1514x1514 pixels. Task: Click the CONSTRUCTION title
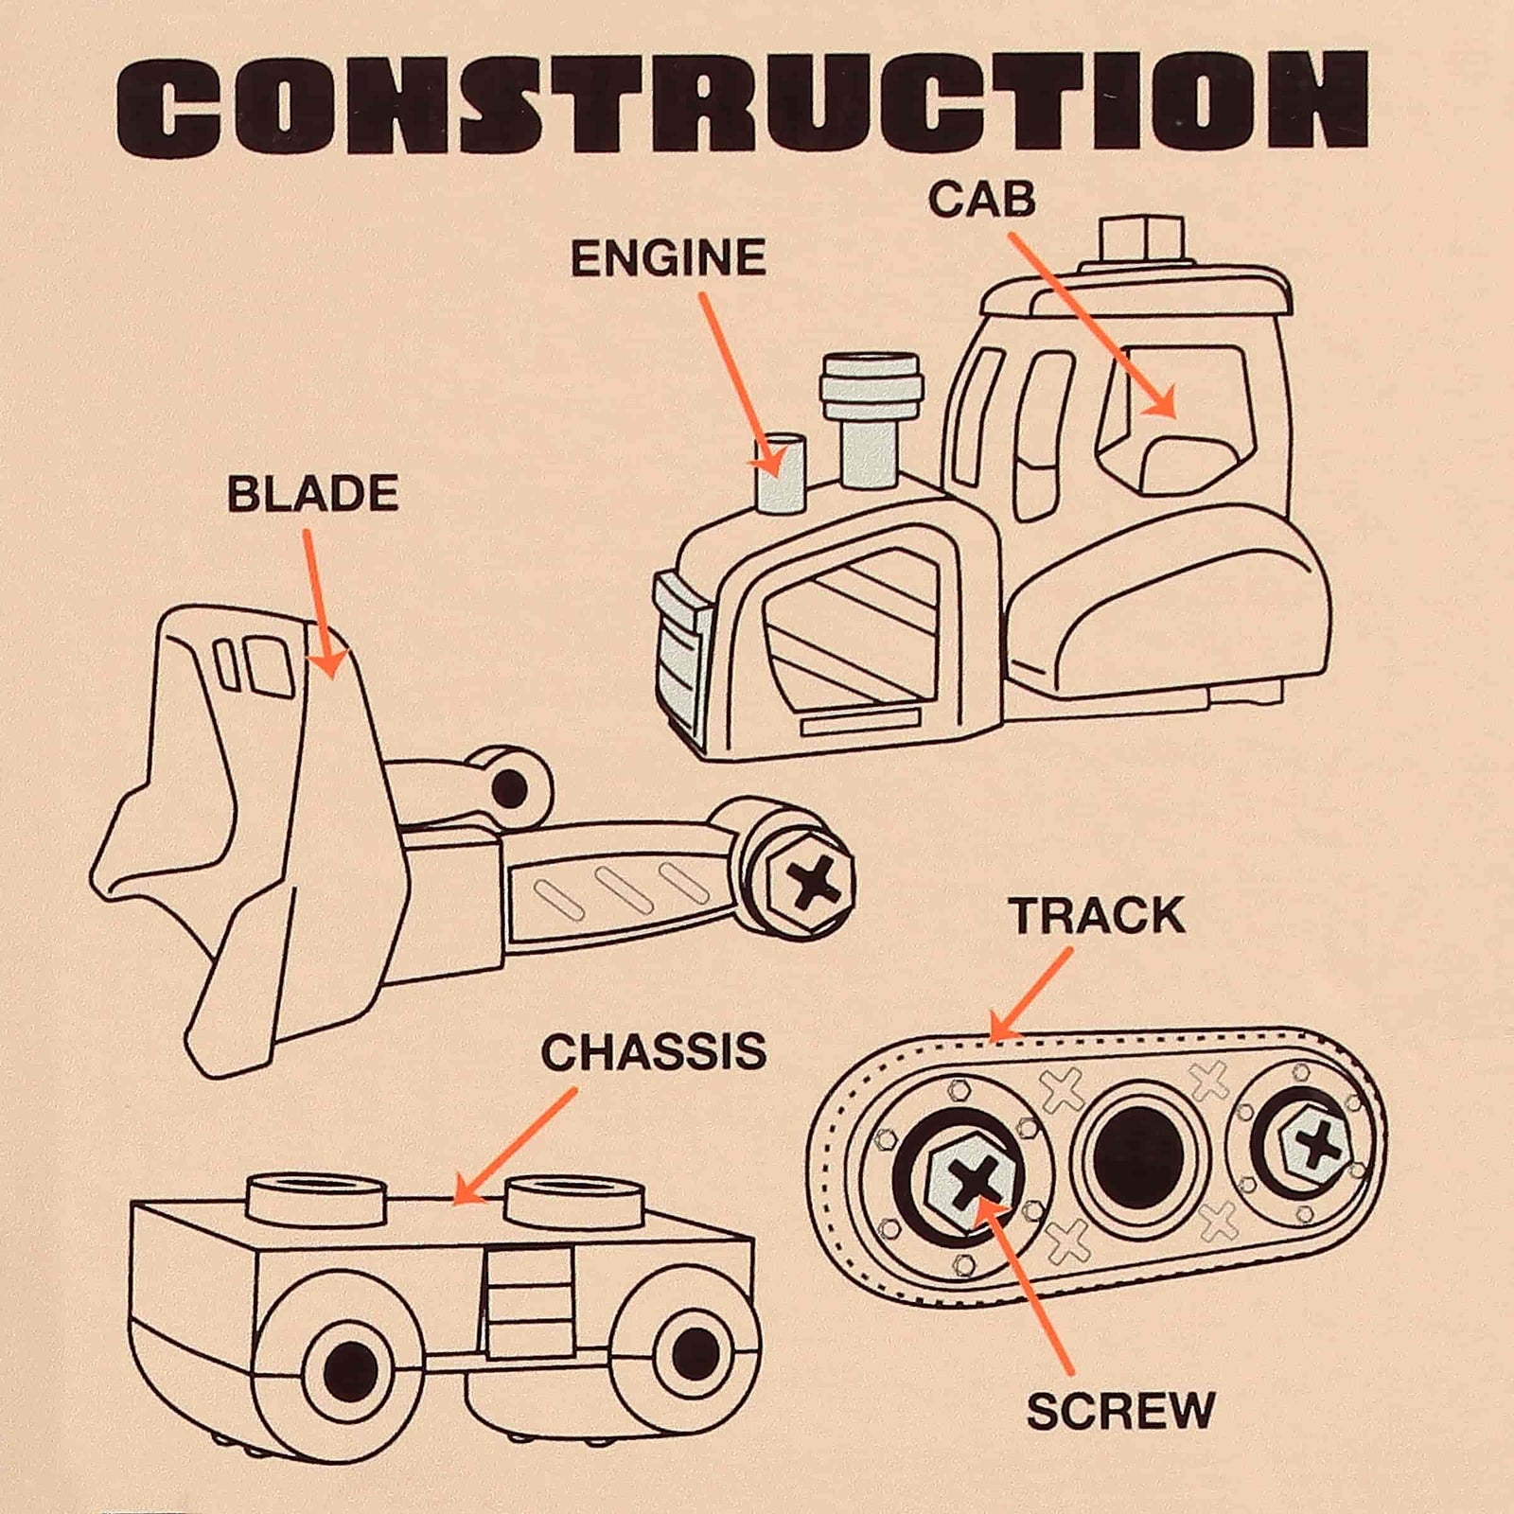(x=743, y=103)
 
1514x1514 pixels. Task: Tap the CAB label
(x=981, y=199)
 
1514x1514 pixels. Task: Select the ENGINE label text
(x=668, y=258)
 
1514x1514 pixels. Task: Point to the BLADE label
(x=312, y=494)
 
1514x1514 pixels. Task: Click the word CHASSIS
(x=654, y=1051)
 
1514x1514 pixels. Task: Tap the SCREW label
(x=1120, y=1412)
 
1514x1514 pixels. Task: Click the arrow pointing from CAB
(x=1092, y=325)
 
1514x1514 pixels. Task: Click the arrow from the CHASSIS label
(x=514, y=1147)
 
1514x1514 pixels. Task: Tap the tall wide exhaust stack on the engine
(x=871, y=421)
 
